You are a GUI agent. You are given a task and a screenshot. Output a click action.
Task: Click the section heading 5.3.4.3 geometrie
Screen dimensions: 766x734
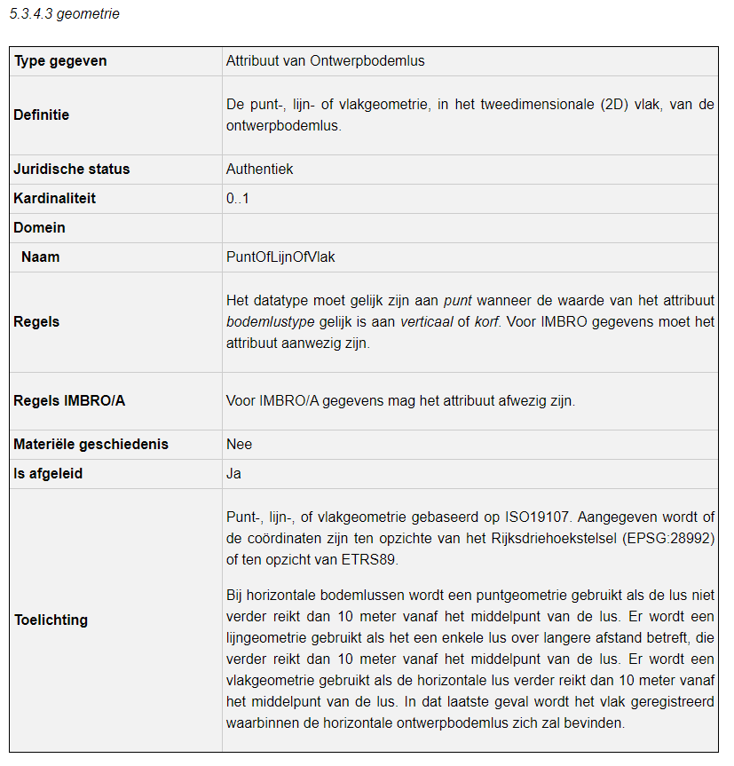click(64, 14)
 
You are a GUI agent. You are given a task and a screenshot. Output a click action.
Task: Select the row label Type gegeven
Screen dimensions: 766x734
click(59, 61)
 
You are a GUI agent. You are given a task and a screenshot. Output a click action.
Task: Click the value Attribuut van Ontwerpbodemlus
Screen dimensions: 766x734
click(325, 61)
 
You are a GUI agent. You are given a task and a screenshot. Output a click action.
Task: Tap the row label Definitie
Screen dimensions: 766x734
click(41, 115)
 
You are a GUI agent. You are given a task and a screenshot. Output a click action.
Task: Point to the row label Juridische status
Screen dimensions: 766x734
click(71, 170)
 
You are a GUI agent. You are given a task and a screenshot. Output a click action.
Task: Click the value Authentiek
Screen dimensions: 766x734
click(259, 170)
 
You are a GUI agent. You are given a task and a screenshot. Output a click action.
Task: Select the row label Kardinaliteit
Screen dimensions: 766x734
click(54, 199)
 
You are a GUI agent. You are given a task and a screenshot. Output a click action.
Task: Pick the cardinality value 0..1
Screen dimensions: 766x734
click(237, 199)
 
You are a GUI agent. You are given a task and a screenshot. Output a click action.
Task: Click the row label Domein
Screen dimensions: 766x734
click(39, 228)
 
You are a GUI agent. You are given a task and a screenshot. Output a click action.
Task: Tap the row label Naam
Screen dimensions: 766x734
click(40, 257)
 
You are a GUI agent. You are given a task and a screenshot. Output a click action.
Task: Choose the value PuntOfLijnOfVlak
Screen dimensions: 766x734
click(280, 257)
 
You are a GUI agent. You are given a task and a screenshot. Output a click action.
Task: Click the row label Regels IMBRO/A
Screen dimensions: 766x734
click(69, 401)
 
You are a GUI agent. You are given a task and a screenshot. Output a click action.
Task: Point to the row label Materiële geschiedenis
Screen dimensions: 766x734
click(91, 445)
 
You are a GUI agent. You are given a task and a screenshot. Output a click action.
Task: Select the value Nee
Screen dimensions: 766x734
click(239, 445)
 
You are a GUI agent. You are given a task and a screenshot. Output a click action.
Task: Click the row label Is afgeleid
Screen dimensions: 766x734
click(48, 474)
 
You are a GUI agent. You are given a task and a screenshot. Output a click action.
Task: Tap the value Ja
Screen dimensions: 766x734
click(233, 474)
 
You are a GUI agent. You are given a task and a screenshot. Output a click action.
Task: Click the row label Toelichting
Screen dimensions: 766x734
click(51, 620)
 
